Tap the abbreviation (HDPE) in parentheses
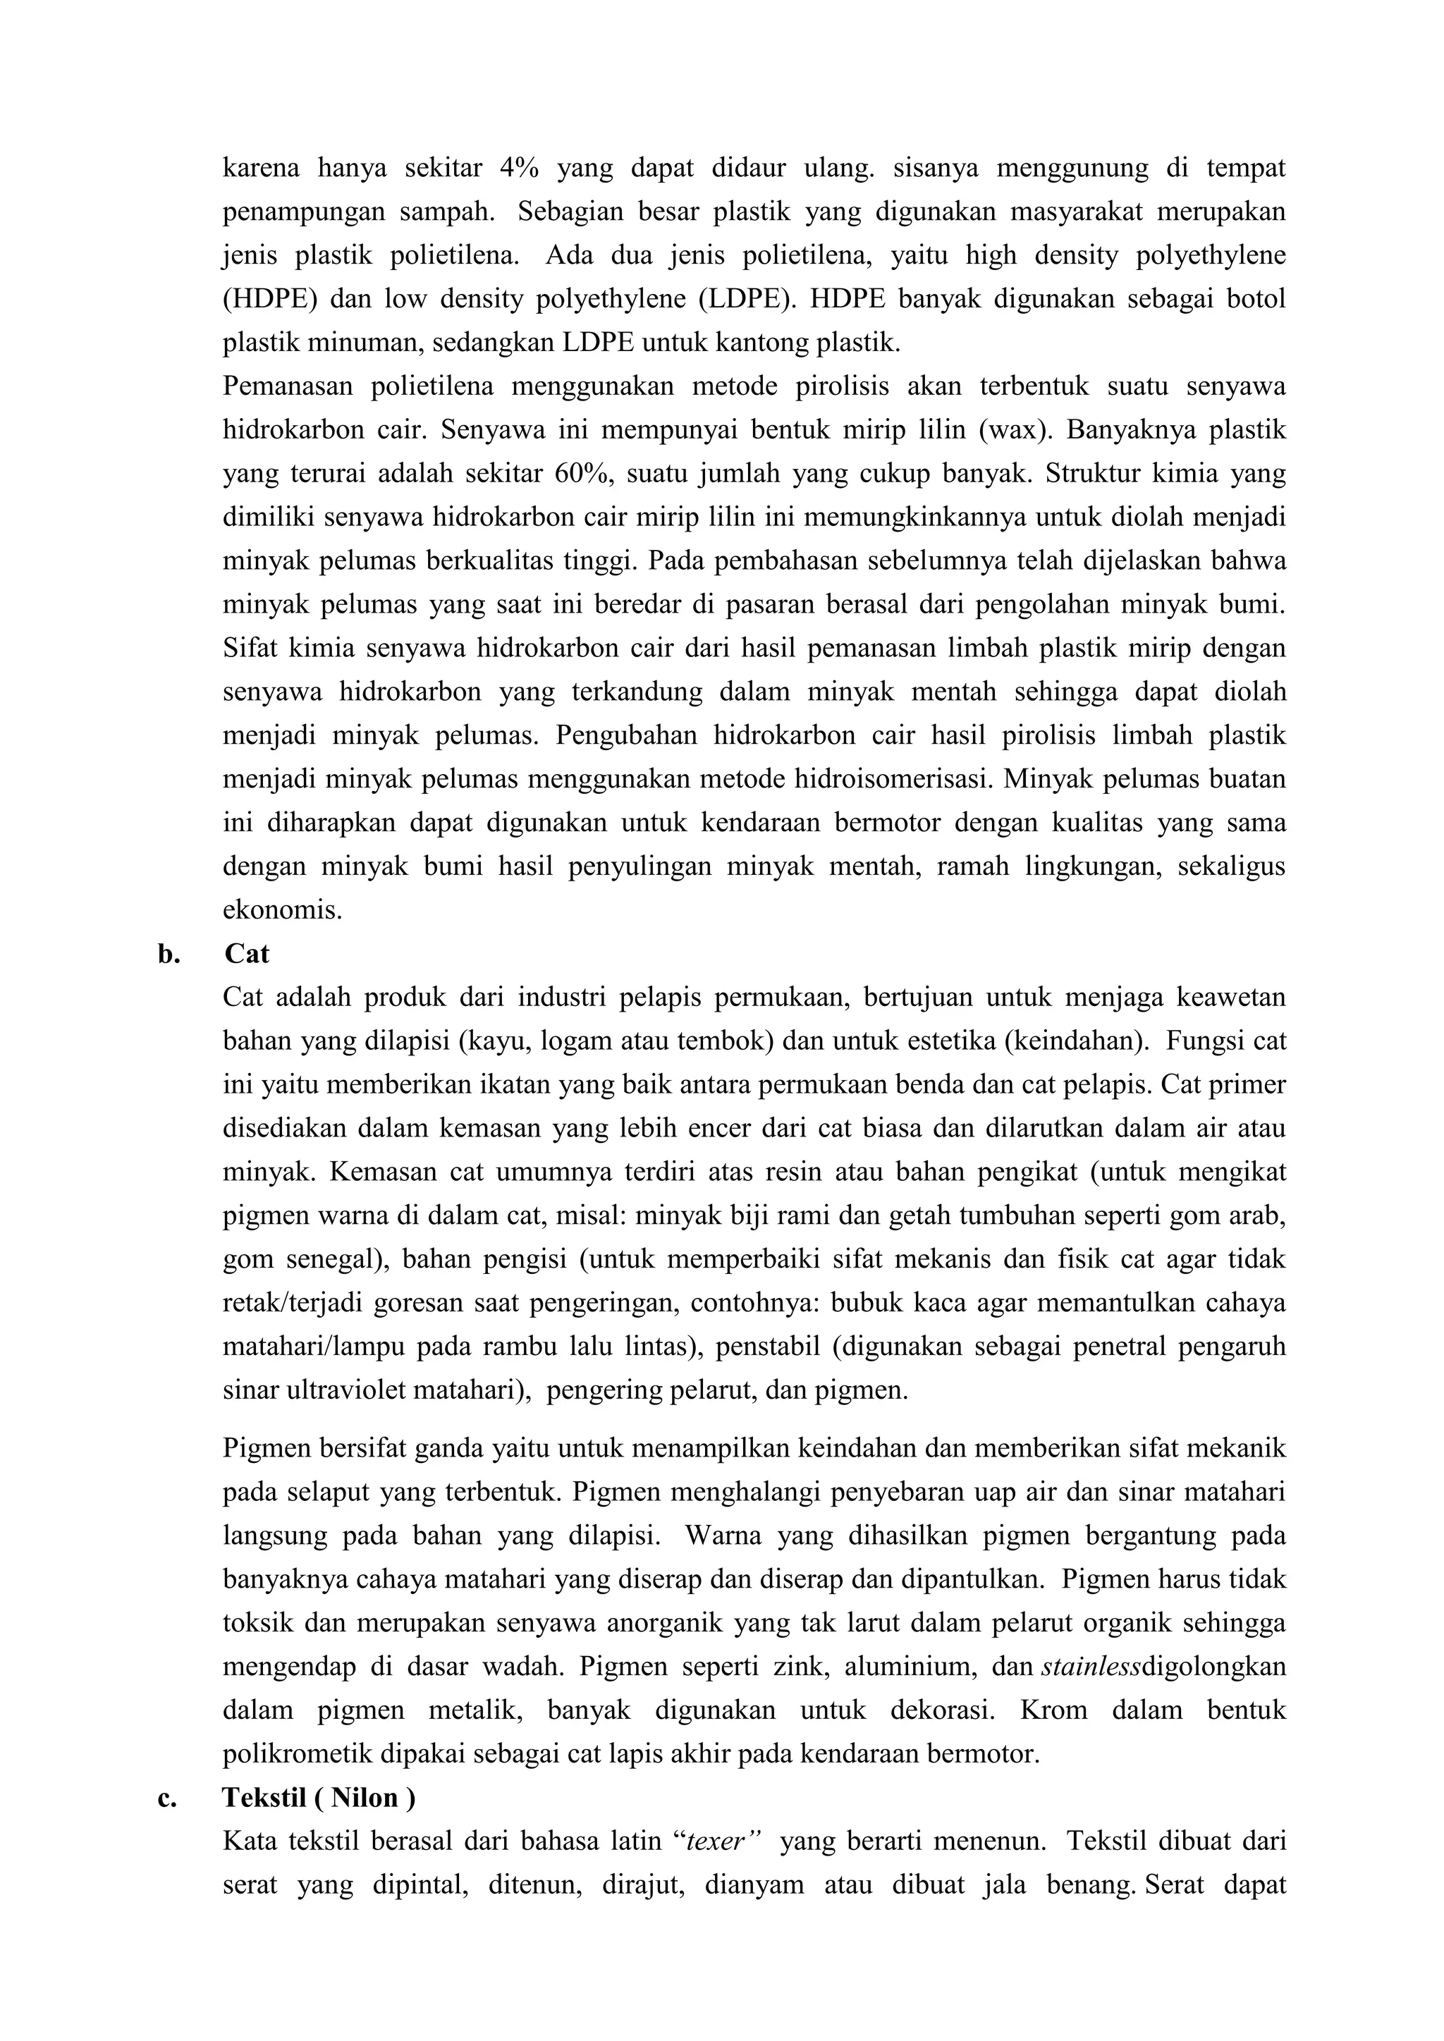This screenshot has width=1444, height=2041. (x=269, y=299)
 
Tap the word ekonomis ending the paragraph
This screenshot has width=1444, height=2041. (x=282, y=910)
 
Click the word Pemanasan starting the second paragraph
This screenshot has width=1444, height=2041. (x=288, y=386)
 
